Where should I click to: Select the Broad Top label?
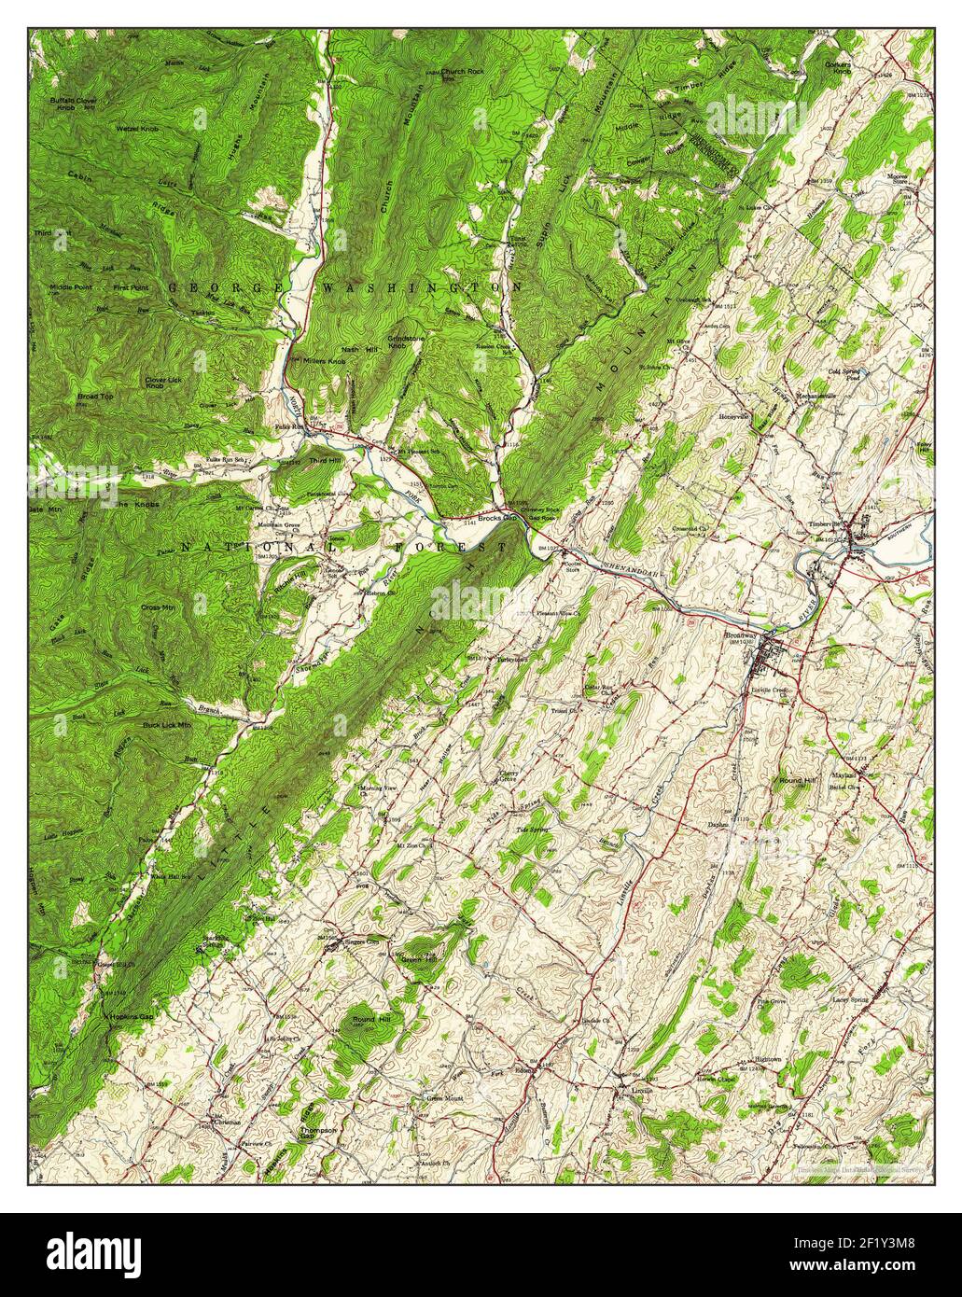pos(95,397)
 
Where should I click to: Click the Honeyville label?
pos(734,416)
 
